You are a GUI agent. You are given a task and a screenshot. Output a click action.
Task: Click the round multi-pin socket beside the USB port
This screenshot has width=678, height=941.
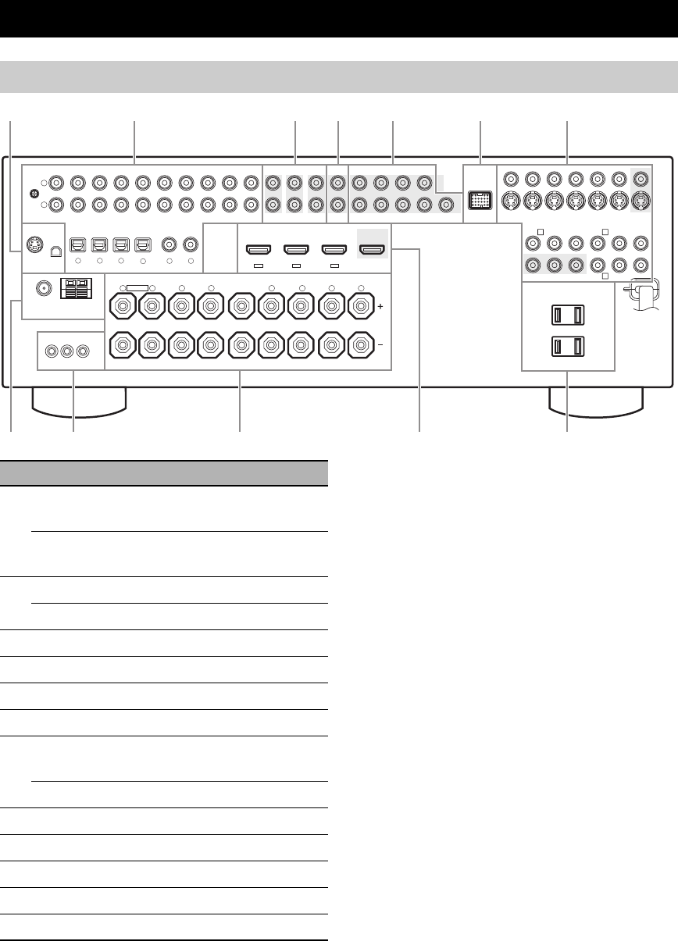coord(34,244)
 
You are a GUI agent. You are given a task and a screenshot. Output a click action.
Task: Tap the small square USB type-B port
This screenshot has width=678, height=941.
coord(55,251)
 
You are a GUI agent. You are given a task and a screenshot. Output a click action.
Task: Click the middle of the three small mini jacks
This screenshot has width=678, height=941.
coord(66,351)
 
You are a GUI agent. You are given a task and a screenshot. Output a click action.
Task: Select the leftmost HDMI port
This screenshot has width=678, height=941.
coord(257,250)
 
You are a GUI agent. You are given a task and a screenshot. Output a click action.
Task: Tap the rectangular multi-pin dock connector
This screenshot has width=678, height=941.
coord(478,199)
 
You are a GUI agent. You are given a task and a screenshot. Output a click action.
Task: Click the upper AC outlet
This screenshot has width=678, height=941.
coord(567,315)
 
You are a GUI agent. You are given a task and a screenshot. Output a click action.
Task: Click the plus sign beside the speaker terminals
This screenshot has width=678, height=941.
coord(380,308)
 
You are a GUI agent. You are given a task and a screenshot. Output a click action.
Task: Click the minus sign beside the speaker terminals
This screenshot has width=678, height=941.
coord(380,344)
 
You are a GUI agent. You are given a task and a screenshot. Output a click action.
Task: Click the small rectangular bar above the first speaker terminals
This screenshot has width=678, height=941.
coord(137,288)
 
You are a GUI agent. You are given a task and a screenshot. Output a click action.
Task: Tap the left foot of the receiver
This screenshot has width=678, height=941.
coord(79,401)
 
